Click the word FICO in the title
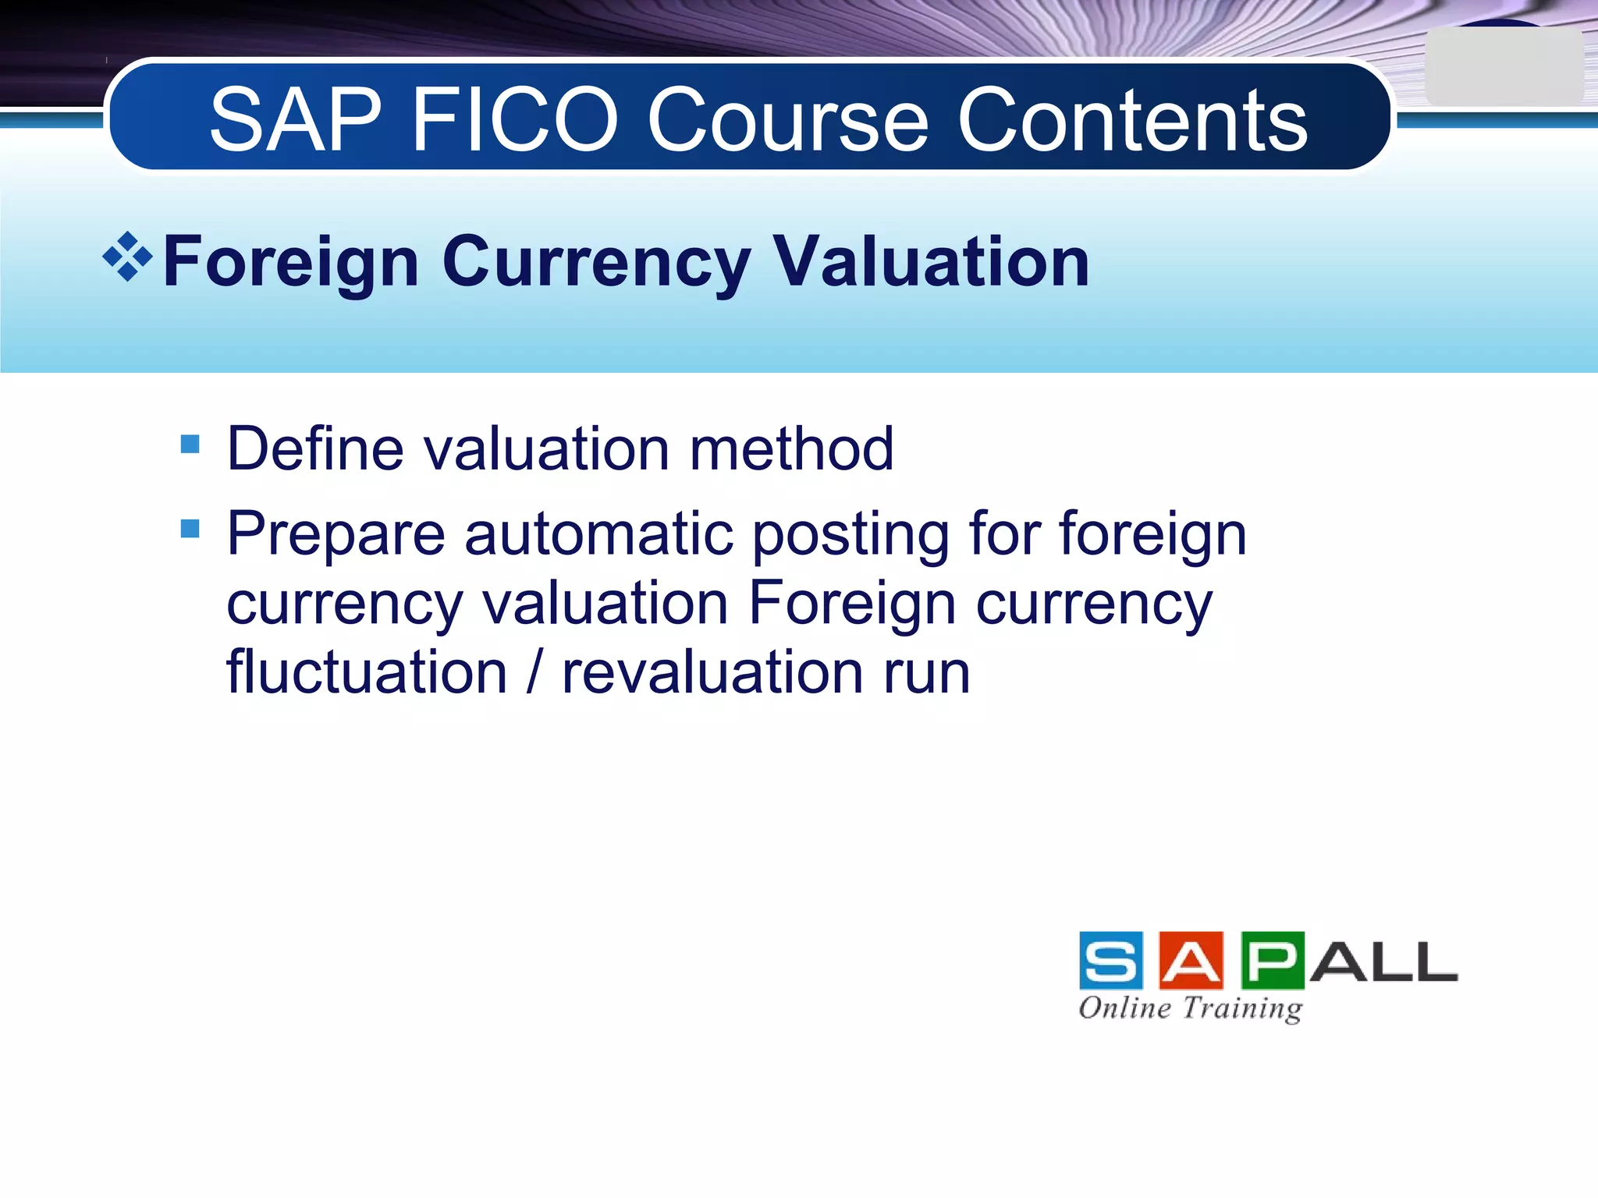tap(514, 120)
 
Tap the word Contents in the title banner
tap(1132, 120)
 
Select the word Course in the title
tap(788, 120)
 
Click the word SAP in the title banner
tap(296, 120)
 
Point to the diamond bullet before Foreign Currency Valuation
tap(127, 257)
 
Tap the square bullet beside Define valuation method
tap(190, 445)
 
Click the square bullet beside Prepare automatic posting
tap(190, 530)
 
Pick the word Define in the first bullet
tap(314, 449)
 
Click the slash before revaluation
tap(534, 672)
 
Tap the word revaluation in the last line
tap(712, 672)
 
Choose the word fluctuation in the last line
tap(367, 672)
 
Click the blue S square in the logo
tap(1111, 960)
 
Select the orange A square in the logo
tap(1191, 960)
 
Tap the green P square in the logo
tap(1273, 960)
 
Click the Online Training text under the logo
tap(1191, 1008)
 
